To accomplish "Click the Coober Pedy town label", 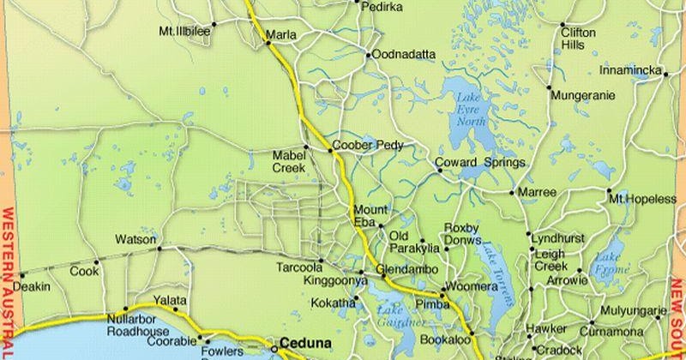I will coord(365,145).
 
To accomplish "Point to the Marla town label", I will coord(281,34).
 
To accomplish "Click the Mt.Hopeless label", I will coord(642,199).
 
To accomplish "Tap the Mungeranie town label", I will coord(582,95).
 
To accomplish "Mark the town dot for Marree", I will coord(517,193).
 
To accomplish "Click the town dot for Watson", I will coord(159,249).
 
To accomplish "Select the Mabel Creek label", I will coord(290,161).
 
